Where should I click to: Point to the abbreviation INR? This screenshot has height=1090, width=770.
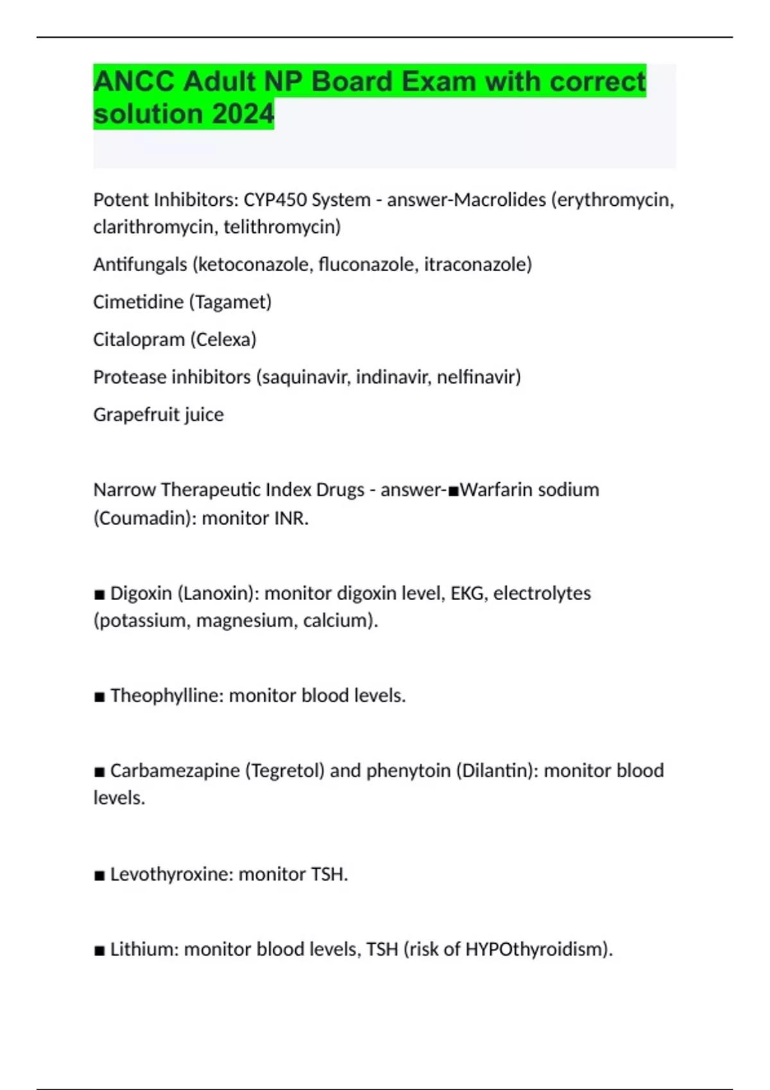coord(291,518)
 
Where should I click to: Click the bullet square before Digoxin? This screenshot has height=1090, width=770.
coord(99,594)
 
